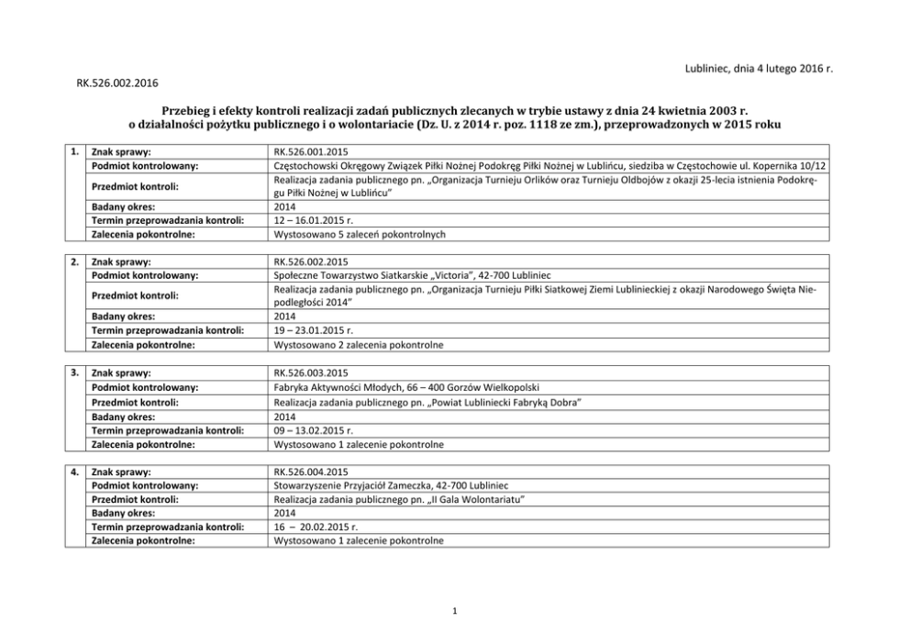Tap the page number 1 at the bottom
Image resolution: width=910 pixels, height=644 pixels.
[x=455, y=611]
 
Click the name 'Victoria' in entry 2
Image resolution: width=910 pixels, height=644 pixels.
[x=453, y=276]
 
